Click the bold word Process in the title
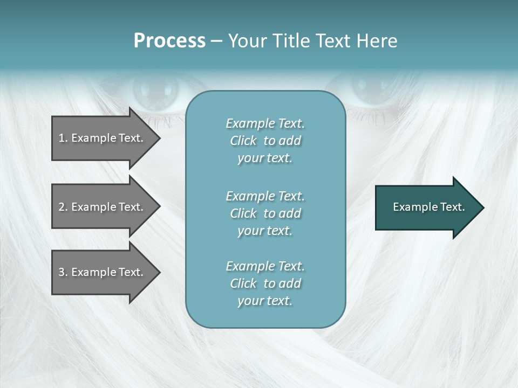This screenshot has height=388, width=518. point(169,41)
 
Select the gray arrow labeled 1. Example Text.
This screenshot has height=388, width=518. point(103,138)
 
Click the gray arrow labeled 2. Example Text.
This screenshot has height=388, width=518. point(103,207)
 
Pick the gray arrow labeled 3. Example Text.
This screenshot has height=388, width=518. point(103,272)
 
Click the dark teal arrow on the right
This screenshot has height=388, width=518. point(426,207)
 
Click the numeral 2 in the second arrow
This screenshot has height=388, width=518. point(62,207)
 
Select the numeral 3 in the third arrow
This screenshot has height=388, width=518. point(62,272)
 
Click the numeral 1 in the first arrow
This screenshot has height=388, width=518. point(62,138)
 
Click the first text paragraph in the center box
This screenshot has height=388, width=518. point(265,141)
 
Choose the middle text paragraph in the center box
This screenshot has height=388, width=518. point(265,213)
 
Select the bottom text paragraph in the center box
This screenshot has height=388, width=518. point(265,283)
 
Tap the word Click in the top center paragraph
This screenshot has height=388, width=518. point(243,141)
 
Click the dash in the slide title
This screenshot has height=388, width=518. point(216,41)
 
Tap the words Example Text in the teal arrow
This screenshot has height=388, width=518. point(428,207)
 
